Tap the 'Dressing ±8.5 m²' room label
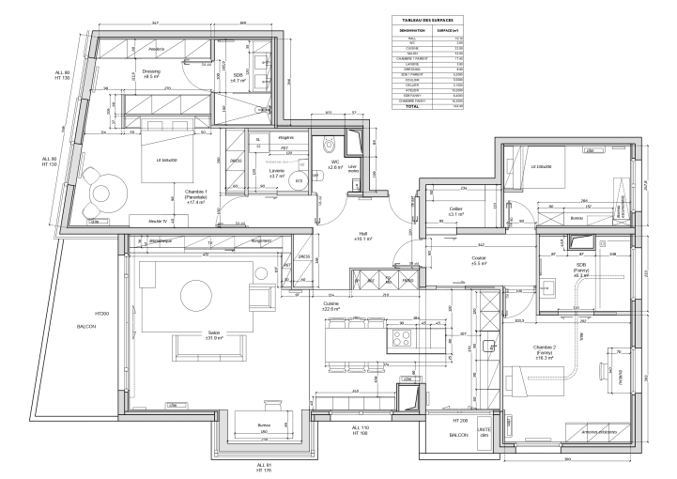(151, 74)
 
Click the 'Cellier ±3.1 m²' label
(456, 211)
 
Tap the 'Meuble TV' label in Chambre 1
(145, 220)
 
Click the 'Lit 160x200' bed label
(168, 160)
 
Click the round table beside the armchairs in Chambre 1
(100, 193)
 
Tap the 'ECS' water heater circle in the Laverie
(298, 182)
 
